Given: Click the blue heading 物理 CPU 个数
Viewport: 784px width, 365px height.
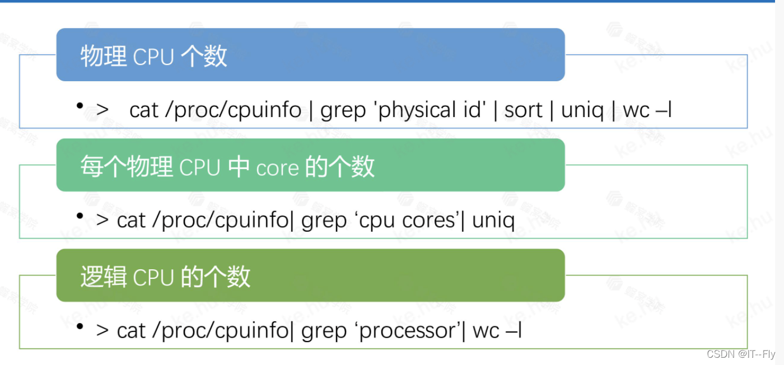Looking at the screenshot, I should click(x=154, y=57).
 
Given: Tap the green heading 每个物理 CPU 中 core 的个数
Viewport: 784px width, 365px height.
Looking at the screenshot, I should click(x=227, y=167).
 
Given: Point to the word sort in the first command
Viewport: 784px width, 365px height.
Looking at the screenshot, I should click(x=523, y=110).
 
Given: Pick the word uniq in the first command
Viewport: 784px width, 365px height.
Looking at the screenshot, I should click(x=582, y=110).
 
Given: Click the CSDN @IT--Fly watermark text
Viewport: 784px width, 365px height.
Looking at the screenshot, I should click(x=740, y=354).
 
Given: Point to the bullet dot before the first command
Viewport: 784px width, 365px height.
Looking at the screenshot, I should click(x=80, y=105).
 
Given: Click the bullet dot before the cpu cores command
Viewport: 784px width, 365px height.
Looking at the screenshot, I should click(x=80, y=216).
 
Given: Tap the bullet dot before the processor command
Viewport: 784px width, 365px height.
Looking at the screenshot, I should click(x=80, y=326).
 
